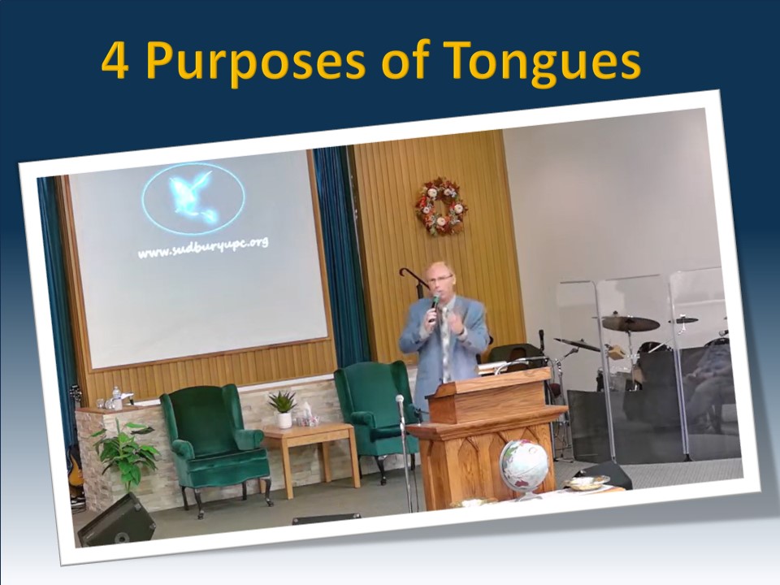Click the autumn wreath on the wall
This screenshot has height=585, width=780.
click(x=441, y=206)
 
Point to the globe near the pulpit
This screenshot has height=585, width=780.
click(x=524, y=466)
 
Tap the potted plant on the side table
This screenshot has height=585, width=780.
click(x=283, y=407)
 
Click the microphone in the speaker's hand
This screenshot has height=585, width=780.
click(x=435, y=304)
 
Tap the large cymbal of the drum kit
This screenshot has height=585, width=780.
click(x=630, y=323)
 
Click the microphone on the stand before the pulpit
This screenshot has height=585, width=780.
click(x=400, y=400)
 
